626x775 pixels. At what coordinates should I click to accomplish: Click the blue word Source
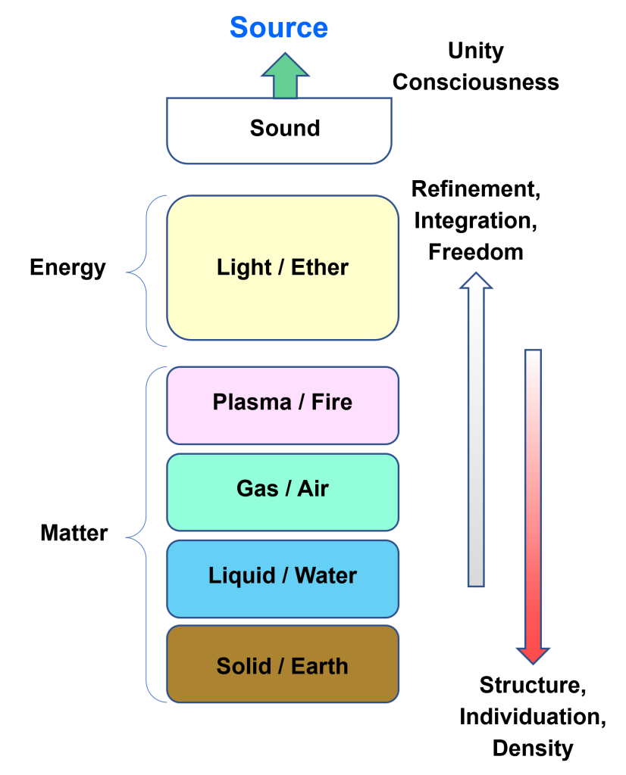279,28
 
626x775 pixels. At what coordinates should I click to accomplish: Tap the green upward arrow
285,75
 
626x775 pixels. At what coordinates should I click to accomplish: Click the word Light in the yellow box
244,267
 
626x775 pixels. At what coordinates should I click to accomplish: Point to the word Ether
320,267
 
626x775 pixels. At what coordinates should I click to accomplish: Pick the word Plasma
252,402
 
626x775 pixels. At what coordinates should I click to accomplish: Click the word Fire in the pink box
332,402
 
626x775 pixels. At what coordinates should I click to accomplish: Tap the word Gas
258,489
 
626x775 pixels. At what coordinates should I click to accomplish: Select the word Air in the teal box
313,489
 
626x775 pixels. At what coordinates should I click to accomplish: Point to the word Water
326,576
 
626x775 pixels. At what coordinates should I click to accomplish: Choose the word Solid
244,667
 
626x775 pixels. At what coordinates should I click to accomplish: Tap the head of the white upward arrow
476,280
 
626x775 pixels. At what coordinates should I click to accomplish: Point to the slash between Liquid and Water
284,576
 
